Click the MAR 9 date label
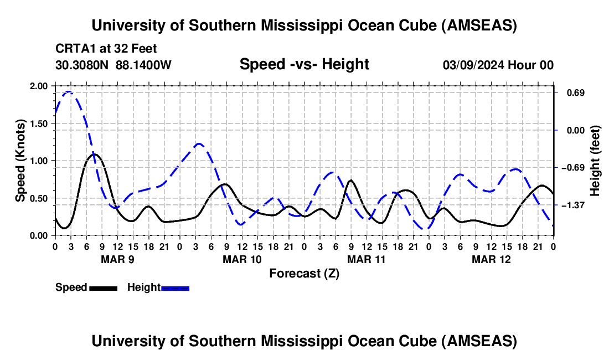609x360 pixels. (x=117, y=259)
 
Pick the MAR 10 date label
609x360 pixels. (x=241, y=259)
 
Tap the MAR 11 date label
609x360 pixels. (x=366, y=259)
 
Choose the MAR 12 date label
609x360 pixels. (x=491, y=259)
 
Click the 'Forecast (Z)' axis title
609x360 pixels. (x=304, y=273)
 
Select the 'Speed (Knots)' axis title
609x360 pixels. (x=20, y=160)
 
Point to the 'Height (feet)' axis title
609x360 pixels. (x=595, y=161)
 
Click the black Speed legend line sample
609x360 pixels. (x=103, y=287)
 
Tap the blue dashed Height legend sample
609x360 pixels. (x=175, y=287)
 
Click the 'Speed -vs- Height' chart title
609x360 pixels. (x=304, y=64)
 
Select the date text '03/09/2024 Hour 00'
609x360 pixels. (x=498, y=65)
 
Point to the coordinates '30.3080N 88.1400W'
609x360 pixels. (x=113, y=65)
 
